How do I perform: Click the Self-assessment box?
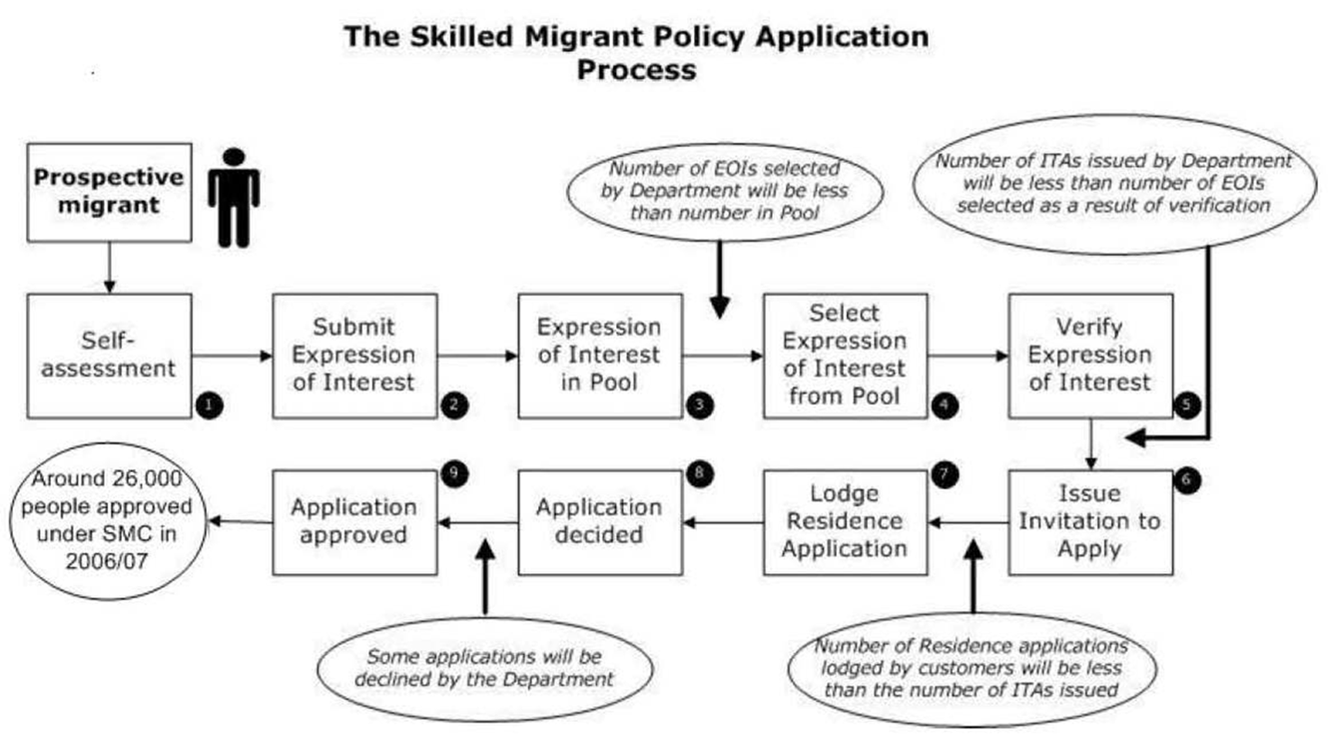[109, 356]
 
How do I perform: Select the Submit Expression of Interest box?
[355, 356]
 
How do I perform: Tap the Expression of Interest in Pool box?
[600, 356]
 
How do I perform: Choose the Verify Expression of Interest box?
[1090, 356]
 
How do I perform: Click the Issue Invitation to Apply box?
[1090, 522]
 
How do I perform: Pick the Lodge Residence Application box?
[846, 522]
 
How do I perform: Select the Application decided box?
[600, 522]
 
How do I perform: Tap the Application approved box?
[355, 522]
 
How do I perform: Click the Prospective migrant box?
[109, 192]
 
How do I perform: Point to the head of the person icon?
[235, 157]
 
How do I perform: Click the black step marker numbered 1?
[209, 405]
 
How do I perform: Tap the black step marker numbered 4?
[945, 405]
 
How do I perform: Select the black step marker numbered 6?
[1187, 479]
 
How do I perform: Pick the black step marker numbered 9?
[454, 473]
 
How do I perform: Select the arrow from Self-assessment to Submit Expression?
[232, 356]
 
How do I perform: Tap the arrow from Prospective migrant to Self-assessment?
[109, 268]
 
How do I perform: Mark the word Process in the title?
[637, 71]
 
